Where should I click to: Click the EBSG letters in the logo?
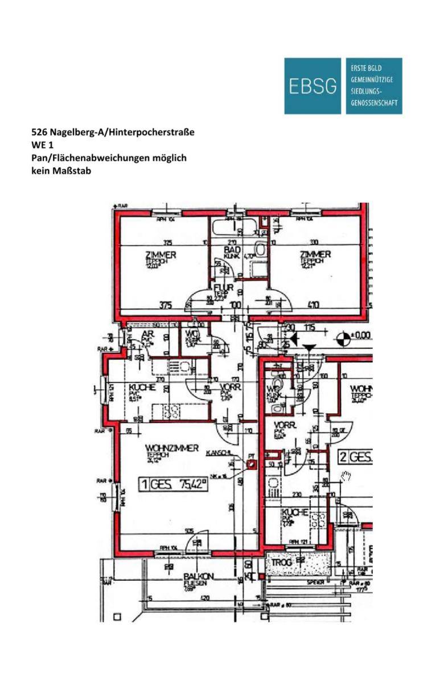[x=313, y=86]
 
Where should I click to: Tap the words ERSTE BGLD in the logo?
[x=362, y=68]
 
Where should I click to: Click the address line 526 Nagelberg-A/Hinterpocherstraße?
[x=113, y=132]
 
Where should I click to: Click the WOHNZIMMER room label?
[x=172, y=449]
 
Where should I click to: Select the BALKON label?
[x=199, y=577]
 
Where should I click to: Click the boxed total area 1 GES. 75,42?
[x=175, y=485]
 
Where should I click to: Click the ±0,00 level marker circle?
[x=343, y=338]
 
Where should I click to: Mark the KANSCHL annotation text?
[x=219, y=451]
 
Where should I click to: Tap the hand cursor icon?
[x=347, y=475]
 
